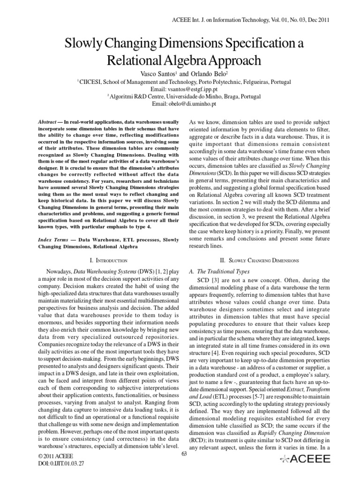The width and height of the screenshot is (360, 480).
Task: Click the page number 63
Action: pos(184,453)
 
